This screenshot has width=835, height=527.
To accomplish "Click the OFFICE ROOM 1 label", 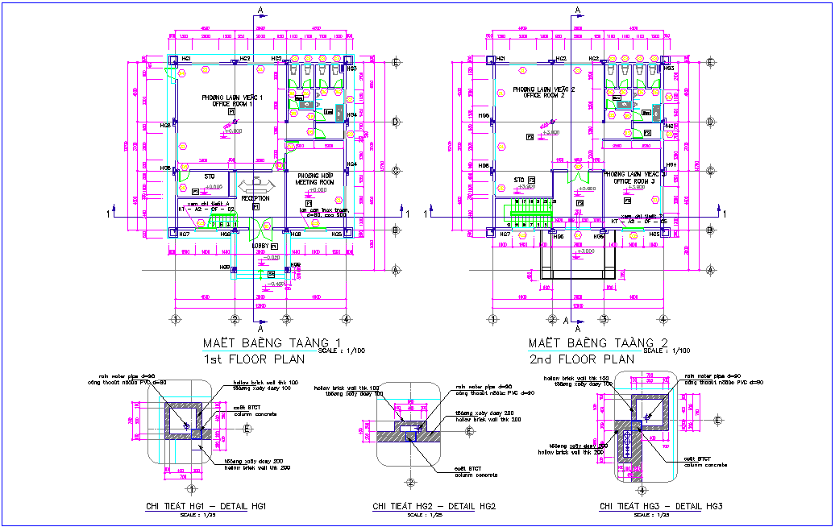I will tap(226, 104).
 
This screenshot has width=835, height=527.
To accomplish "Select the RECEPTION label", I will tap(255, 197).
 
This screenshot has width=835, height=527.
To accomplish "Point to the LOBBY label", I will tap(260, 246).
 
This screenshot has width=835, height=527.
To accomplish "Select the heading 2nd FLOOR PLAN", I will tap(581, 359).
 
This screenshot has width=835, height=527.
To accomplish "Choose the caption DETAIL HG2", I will tap(433, 506).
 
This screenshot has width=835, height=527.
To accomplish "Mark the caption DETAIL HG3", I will tap(660, 506).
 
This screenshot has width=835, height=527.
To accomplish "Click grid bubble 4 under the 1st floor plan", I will tap(346, 319).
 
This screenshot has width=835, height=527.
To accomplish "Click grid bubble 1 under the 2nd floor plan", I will tap(492, 319).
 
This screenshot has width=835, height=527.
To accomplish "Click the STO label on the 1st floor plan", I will tap(208, 176).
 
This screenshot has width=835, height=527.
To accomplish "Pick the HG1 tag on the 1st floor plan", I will tap(186, 60).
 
